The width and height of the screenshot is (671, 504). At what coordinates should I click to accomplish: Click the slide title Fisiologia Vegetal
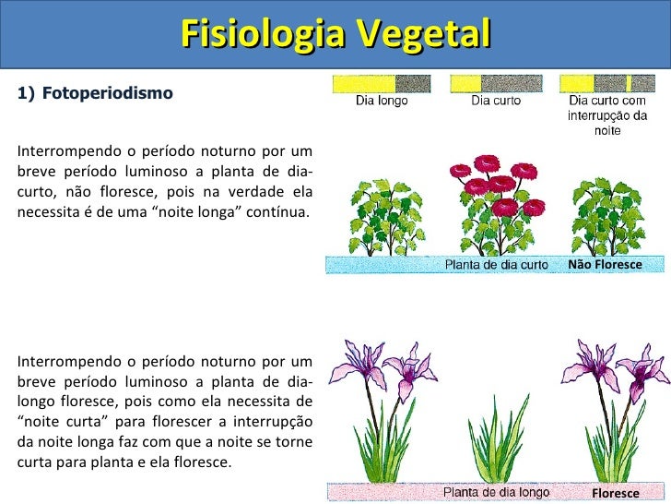click(x=335, y=34)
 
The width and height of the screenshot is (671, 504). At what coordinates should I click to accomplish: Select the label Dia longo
click(x=382, y=102)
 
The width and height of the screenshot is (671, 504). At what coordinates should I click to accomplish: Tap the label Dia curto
click(x=496, y=102)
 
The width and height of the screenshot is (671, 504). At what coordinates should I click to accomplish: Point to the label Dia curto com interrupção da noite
click(x=607, y=115)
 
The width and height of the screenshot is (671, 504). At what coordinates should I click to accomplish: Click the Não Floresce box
click(x=605, y=264)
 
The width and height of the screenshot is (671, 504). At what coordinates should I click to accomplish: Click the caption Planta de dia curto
click(x=497, y=265)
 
